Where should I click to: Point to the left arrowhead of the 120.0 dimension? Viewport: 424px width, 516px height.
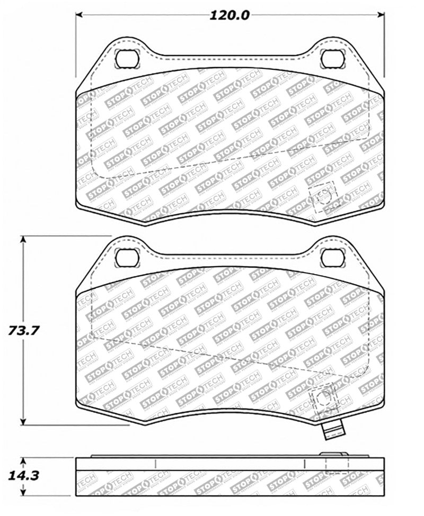tap(79, 14)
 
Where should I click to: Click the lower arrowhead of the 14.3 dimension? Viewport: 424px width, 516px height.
tap(23, 494)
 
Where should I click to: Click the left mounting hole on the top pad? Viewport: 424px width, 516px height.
tap(126, 58)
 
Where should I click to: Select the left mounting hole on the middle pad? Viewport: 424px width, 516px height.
tap(126, 257)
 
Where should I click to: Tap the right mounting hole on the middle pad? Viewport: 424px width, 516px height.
tap(332, 257)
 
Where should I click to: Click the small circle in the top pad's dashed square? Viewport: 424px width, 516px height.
tap(321, 197)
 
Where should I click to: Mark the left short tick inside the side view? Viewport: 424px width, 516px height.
tap(155, 464)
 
